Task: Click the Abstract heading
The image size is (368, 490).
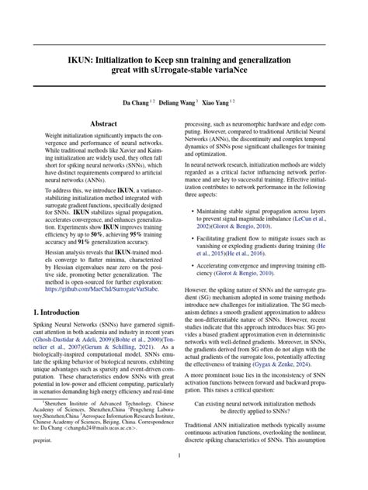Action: pos(103,123)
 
